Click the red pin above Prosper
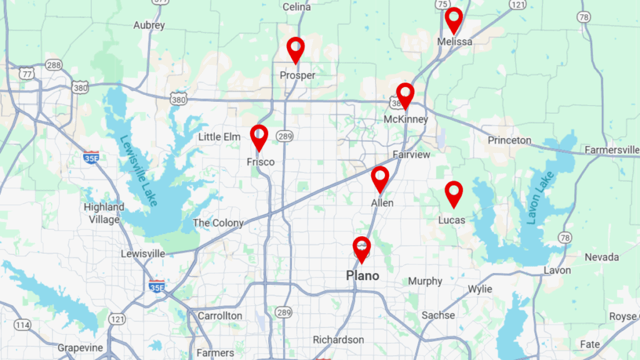pos(296,49)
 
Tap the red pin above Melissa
pos(454,19)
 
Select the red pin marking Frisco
pos(259,137)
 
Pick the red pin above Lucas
pos(454,193)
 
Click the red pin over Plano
pos(361,249)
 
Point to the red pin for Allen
pos(380,178)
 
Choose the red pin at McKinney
pos(406,95)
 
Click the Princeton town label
pos(509,140)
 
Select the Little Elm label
pos(219,137)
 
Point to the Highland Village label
pos(104,213)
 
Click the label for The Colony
pos(218,223)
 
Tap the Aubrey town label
pos(149,26)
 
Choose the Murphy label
pos(425,281)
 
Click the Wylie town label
pos(479,289)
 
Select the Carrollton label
pos(219,316)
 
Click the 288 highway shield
pos(54,65)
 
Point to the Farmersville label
pos(612,150)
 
